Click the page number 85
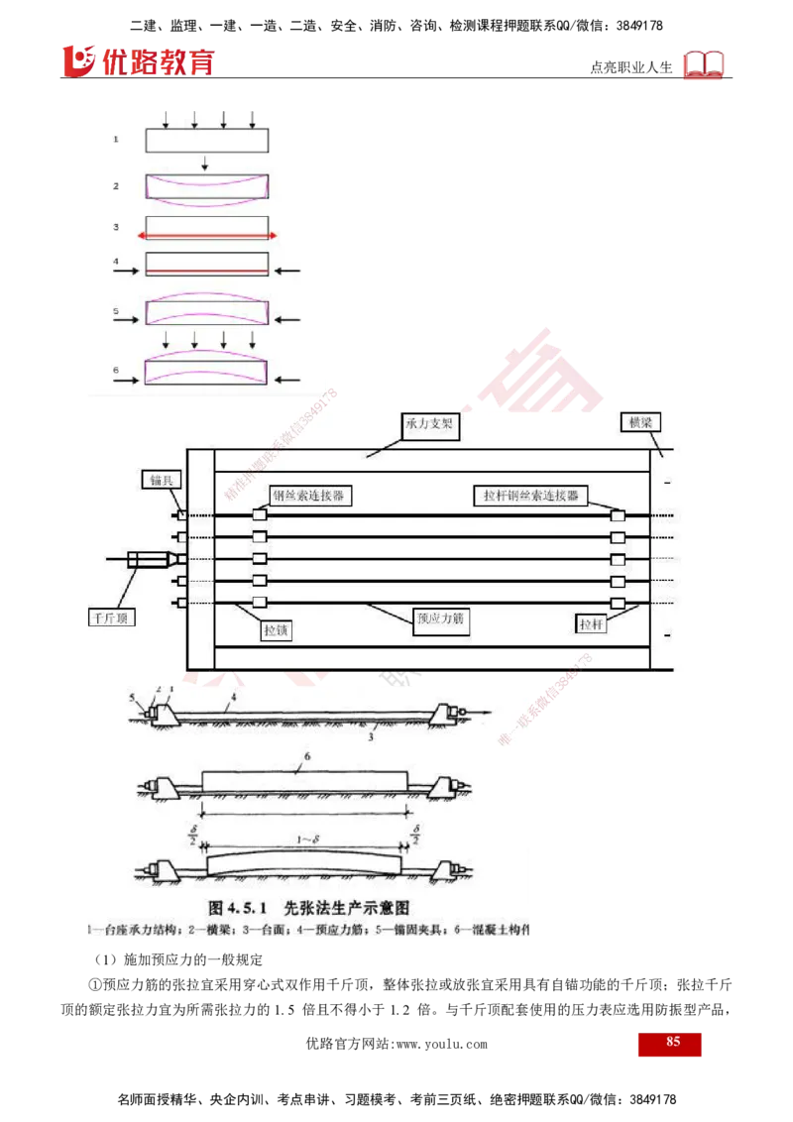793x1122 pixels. (x=672, y=1042)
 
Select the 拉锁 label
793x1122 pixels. (x=278, y=628)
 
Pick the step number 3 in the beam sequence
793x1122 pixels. (x=116, y=227)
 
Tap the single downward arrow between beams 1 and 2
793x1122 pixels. (x=204, y=163)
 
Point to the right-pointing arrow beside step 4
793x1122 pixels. (x=130, y=266)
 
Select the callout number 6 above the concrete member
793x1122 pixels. (x=307, y=756)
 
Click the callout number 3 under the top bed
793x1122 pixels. (x=370, y=736)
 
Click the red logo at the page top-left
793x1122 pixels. (x=139, y=61)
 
